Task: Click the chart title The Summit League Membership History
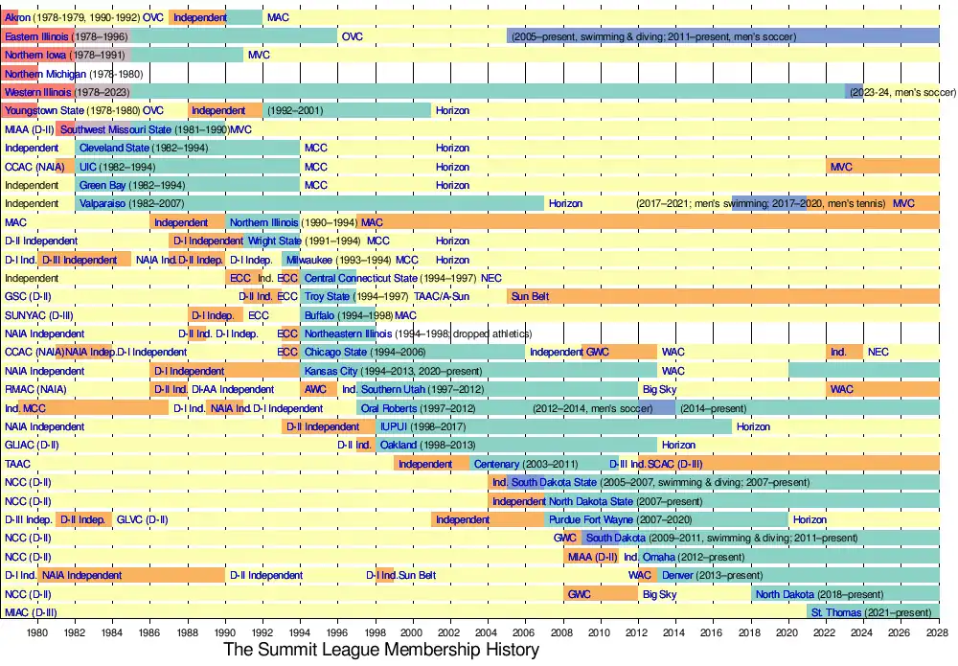381,650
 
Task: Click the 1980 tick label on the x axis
37,632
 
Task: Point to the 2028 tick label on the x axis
939,632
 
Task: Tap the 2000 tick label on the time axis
413,632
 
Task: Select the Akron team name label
17,17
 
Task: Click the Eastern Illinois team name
37,36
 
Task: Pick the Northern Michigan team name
46,74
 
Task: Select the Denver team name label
677,575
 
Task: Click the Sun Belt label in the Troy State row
530,297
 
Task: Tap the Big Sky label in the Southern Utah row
659,390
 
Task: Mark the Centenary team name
496,464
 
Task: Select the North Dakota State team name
591,501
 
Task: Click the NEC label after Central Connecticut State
491,278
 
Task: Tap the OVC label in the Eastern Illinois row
353,36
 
